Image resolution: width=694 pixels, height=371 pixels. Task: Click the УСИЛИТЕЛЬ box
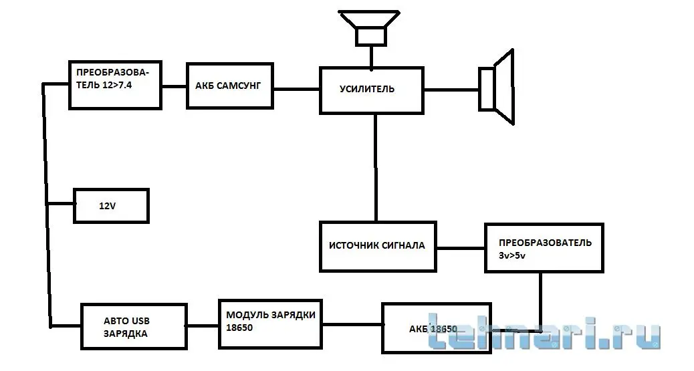click(372, 90)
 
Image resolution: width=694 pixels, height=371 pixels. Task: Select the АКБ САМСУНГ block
click(230, 86)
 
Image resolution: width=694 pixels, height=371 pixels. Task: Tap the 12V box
click(110, 206)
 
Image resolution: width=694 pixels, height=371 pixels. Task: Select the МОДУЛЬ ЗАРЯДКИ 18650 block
click(270, 321)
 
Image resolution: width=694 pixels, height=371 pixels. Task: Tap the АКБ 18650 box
click(435, 328)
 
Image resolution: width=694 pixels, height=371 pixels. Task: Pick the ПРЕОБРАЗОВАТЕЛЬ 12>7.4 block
click(115, 85)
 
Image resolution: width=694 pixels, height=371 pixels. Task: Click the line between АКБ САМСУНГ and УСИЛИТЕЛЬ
click(296, 88)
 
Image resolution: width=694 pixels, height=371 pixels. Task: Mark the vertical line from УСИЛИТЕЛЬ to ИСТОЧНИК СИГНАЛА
click(376, 167)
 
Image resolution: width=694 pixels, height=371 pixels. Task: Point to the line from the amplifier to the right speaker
click(451, 89)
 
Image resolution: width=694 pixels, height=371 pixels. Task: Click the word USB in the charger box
click(134, 320)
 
